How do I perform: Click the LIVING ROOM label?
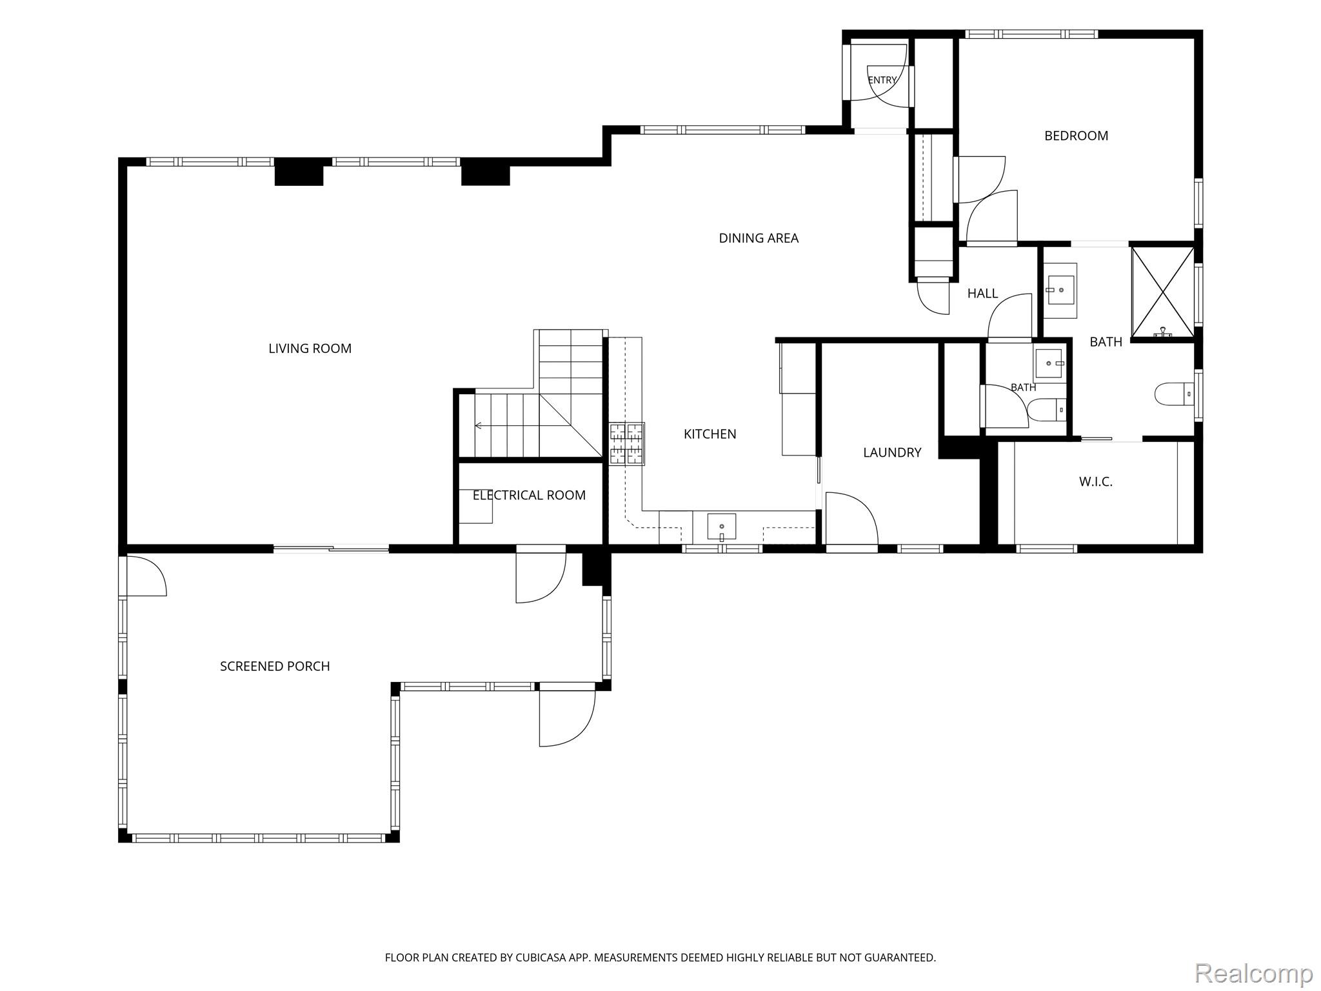tap(310, 348)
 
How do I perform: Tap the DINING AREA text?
tap(759, 238)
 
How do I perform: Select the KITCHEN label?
tap(710, 434)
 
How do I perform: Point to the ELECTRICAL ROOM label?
tap(529, 495)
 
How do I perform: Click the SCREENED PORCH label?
tap(275, 666)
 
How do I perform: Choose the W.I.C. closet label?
tap(1096, 481)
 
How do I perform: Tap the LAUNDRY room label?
tap(892, 453)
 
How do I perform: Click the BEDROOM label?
tap(1076, 135)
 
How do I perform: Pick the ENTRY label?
tap(882, 80)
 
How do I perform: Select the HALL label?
tap(982, 294)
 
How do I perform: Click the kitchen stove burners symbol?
tap(627, 444)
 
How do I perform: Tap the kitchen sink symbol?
tap(722, 526)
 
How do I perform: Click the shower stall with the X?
tap(1163, 292)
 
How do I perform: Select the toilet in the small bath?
tap(1046, 409)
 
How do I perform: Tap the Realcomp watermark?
tap(1253, 972)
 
